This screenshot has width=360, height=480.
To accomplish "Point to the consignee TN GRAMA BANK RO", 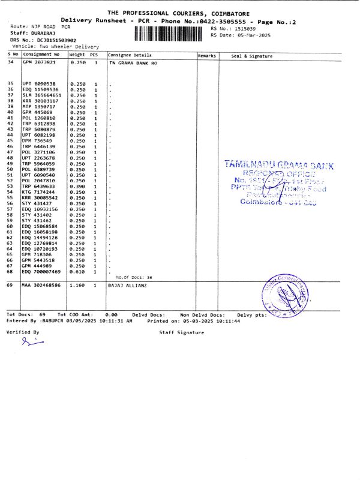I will click(131, 62).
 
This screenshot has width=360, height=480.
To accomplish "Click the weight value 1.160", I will click(79, 286).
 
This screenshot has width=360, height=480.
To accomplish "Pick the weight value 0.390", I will click(79, 186).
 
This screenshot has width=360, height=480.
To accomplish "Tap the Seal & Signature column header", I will click(252, 56).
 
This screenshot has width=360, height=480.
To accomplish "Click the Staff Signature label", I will click(181, 332).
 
